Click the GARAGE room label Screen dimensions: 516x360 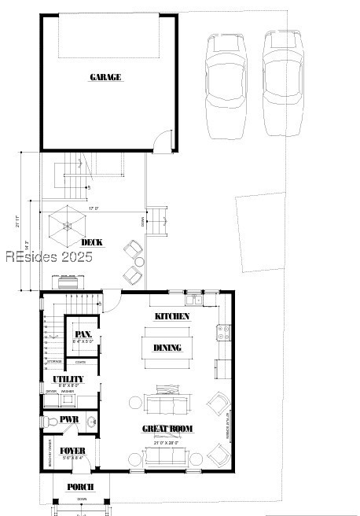[x=105, y=77]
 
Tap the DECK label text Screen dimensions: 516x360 [x=93, y=242]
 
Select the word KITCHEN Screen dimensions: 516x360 [x=171, y=315]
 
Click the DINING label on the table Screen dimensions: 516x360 [x=167, y=348]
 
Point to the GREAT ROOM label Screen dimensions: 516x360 [x=167, y=429]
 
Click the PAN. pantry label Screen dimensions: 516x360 [x=83, y=334]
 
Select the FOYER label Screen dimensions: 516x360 [x=72, y=451]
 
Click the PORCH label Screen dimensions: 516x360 [x=80, y=488]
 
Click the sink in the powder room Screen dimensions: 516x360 [x=90, y=422]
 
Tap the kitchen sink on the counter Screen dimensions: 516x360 [x=192, y=297]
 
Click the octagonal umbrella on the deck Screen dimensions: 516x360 [x=67, y=224]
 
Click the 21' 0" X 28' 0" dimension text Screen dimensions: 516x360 [x=167, y=443]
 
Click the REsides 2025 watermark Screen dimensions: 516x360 [x=50, y=257]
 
